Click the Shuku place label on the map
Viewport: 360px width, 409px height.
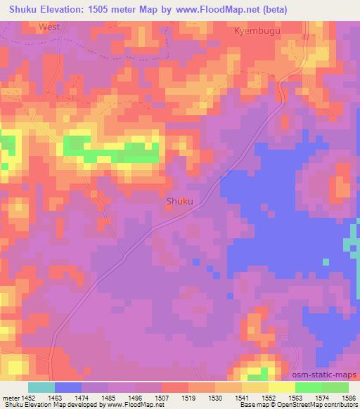(x=179, y=202)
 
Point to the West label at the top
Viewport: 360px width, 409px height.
(x=49, y=26)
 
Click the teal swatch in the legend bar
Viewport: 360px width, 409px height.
(x=41, y=387)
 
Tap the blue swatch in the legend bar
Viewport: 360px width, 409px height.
(x=67, y=387)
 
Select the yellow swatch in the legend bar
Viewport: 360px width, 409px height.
(x=281, y=387)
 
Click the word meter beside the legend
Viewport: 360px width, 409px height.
(x=11, y=398)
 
